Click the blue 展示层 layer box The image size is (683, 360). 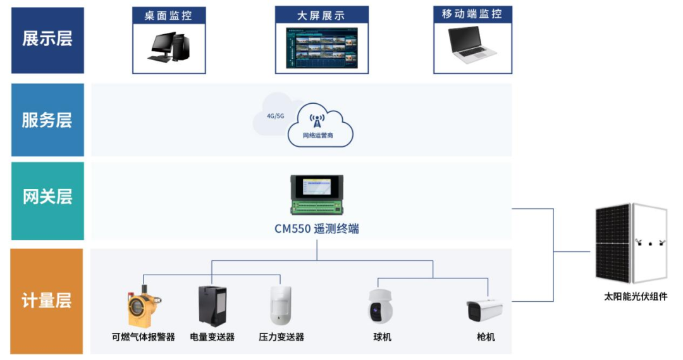[47, 40]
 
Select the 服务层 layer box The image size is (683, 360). [47, 120]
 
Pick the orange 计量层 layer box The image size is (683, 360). [47, 301]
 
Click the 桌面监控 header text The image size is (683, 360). [168, 15]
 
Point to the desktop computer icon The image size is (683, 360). [168, 48]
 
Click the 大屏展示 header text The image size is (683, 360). [321, 15]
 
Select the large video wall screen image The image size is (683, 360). [321, 48]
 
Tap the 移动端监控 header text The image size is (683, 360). [472, 14]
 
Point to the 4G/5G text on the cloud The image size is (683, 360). [276, 116]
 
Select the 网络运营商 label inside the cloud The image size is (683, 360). [317, 135]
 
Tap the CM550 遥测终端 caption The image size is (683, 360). [317, 229]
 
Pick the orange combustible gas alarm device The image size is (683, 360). [142, 307]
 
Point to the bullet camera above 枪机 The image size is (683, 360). [484, 311]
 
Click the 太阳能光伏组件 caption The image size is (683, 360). [636, 297]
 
